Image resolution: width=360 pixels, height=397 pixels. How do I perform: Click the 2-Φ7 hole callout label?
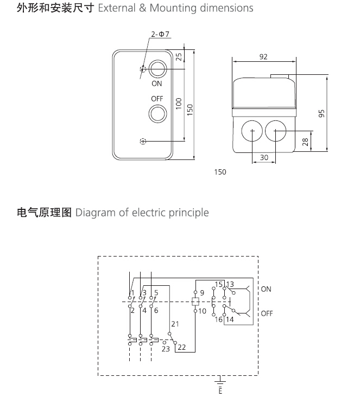160,34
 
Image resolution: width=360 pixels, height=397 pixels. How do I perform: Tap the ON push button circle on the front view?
157,69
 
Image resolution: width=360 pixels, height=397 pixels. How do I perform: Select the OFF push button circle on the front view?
157,114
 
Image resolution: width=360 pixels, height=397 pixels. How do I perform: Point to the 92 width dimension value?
263,57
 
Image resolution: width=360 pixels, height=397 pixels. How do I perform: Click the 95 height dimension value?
321,113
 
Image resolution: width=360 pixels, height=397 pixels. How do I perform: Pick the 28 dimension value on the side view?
306,142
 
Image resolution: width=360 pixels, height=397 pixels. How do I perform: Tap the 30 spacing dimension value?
264,157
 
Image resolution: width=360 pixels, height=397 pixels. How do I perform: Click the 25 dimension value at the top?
179,56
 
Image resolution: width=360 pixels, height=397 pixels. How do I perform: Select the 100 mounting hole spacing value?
179,104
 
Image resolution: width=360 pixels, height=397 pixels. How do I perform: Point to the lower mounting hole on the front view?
143,141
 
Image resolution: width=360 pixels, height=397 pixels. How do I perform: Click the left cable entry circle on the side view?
252,131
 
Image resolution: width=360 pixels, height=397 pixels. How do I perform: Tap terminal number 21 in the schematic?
175,324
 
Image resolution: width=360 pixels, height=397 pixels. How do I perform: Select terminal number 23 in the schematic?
166,349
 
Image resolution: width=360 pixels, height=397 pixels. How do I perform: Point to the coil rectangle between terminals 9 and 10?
195,302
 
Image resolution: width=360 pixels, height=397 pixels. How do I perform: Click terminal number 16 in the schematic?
218,319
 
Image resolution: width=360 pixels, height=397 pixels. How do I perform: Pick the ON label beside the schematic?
266,289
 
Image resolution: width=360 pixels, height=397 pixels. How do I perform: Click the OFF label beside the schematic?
267,313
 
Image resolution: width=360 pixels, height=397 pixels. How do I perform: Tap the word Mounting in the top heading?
173,8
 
